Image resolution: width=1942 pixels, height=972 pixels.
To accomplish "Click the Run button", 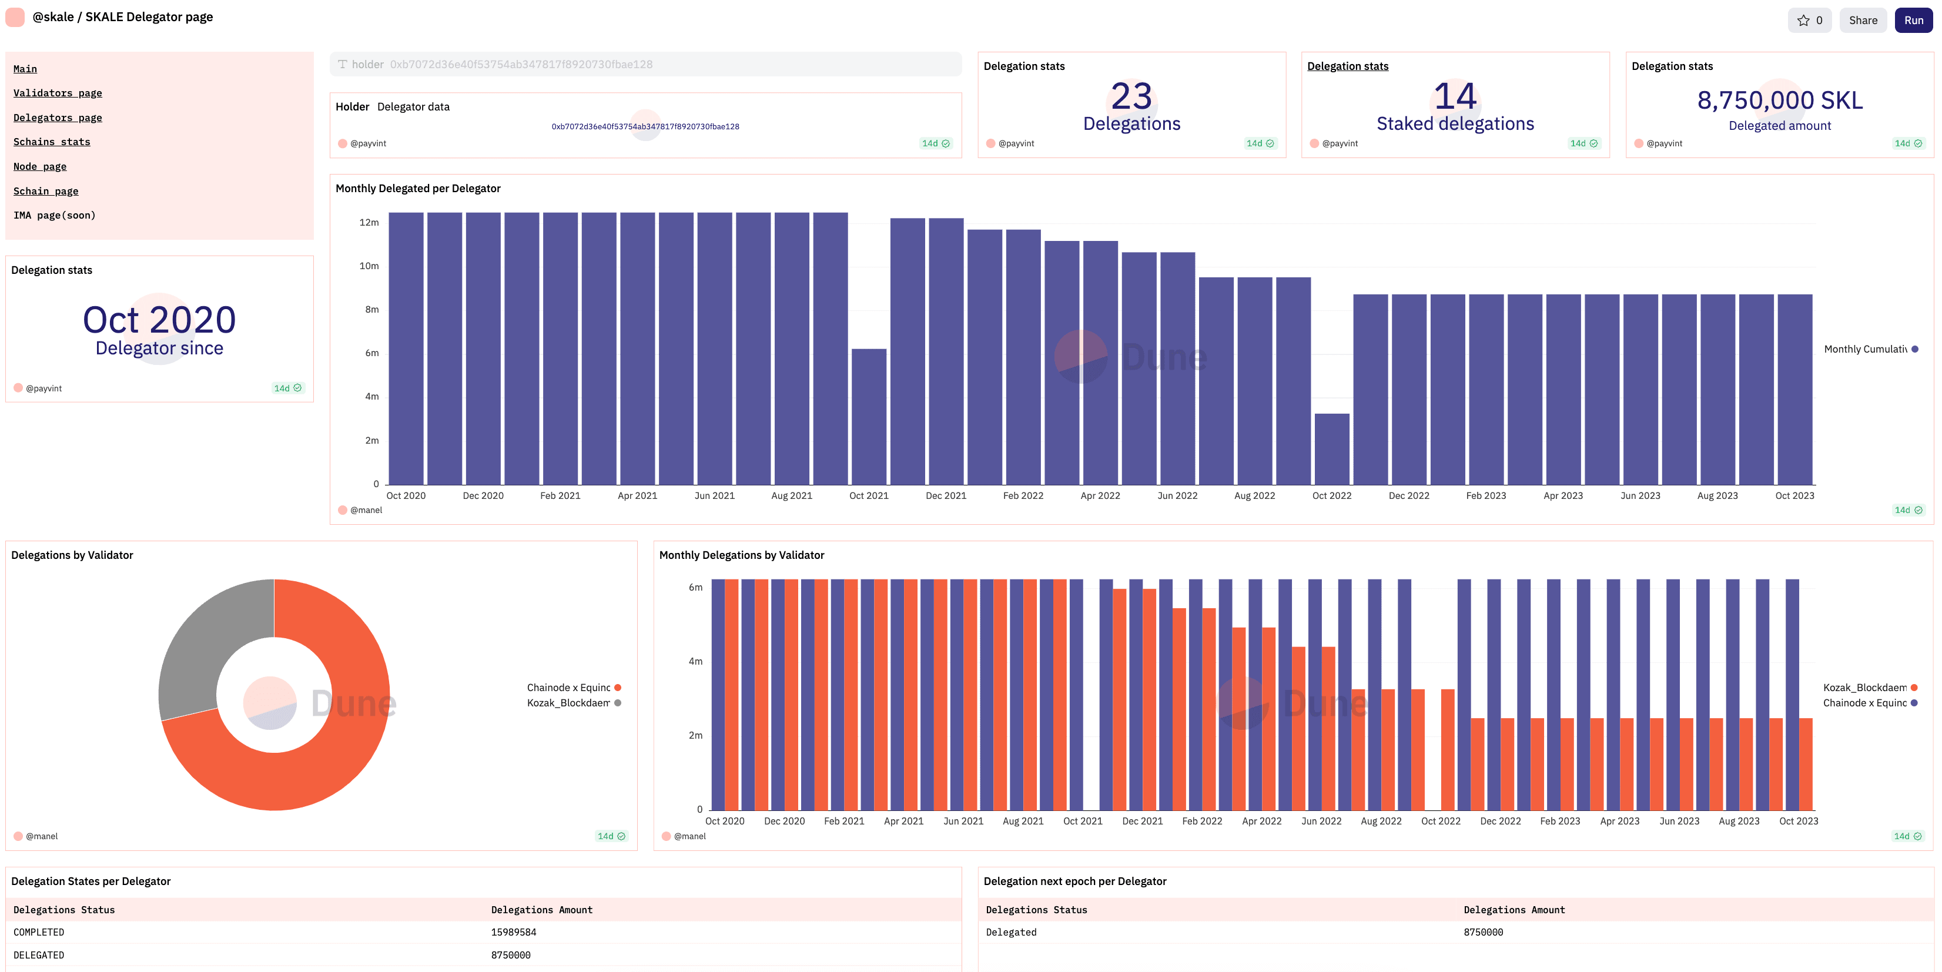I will [1913, 21].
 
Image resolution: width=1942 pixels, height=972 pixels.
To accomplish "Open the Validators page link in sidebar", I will [57, 93].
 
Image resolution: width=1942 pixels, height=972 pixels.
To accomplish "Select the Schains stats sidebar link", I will [51, 142].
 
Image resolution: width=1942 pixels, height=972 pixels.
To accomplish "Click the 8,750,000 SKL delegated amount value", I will [1779, 100].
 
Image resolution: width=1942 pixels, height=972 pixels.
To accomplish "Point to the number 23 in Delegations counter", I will [1131, 96].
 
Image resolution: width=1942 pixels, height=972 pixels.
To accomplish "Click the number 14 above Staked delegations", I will [1454, 96].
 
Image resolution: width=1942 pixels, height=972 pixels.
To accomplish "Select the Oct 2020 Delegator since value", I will [159, 320].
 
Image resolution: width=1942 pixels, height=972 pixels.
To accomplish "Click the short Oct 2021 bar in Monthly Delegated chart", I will [869, 416].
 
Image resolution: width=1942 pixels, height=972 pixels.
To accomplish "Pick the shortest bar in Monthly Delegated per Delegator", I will [1331, 449].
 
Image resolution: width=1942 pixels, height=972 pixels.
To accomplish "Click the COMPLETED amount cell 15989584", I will [513, 933].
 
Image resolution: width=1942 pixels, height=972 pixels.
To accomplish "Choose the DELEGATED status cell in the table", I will [38, 956].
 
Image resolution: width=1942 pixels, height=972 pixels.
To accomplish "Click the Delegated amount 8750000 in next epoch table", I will [1483, 933].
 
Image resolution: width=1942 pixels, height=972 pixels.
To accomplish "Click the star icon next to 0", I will [1803, 21].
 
